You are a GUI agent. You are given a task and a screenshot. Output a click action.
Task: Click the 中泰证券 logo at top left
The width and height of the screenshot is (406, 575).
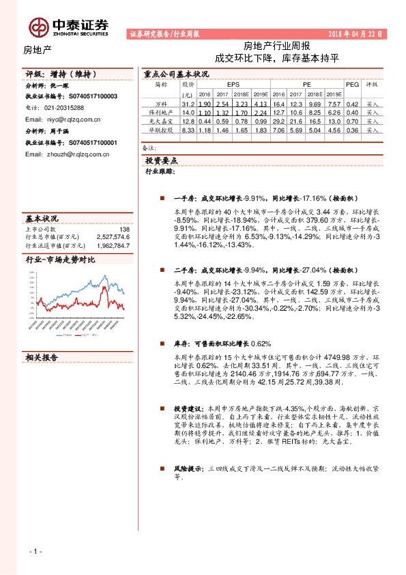pos(68,27)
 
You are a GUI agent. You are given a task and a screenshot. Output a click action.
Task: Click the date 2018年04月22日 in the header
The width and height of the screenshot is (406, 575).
pos(357,33)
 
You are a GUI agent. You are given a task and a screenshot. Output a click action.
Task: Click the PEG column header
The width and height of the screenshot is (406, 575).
pos(352,84)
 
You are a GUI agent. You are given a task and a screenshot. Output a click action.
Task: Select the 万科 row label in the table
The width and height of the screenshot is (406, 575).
pos(161,103)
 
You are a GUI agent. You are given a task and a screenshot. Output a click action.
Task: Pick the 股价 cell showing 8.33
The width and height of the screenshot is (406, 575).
pos(189,129)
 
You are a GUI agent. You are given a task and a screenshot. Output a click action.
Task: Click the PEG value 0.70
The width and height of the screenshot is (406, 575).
pos(352,120)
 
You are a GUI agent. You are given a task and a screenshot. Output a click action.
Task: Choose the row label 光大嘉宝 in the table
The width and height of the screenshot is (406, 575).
pos(161,120)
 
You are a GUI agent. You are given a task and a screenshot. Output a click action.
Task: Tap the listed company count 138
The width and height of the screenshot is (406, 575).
pos(124,229)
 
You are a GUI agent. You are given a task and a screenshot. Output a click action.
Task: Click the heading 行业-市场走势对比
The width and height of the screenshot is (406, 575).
pos(60,260)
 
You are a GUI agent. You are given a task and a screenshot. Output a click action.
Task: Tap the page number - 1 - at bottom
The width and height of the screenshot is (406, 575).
pos(35,550)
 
